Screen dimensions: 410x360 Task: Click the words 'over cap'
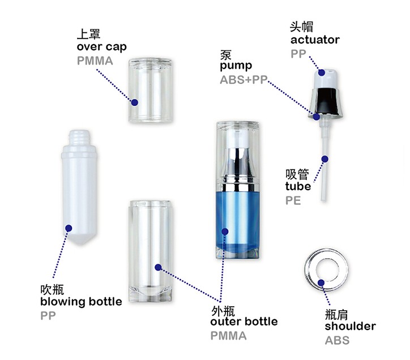[102, 47]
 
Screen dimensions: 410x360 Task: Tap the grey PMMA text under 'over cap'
[95, 61]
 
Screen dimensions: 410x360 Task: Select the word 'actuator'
[315, 40]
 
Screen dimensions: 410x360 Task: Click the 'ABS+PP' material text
[244, 80]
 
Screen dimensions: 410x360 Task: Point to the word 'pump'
[236, 66]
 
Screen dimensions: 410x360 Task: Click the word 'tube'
[298, 186]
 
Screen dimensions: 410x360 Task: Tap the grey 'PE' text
[293, 200]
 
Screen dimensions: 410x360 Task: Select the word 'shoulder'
[351, 326]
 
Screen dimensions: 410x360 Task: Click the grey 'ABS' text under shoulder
[338, 340]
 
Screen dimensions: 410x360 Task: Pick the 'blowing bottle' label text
[81, 302]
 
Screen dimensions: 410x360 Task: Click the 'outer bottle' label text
[244, 322]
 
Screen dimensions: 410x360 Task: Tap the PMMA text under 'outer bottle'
[229, 336]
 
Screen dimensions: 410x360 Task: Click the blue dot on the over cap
[135, 102]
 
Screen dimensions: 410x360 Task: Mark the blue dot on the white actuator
[322, 72]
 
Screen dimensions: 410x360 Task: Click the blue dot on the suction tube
[324, 159]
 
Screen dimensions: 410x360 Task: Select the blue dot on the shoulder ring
[321, 282]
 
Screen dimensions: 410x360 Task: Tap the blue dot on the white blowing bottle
[69, 228]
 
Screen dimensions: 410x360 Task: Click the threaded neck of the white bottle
[79, 137]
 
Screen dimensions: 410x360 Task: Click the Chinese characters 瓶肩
[336, 315]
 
